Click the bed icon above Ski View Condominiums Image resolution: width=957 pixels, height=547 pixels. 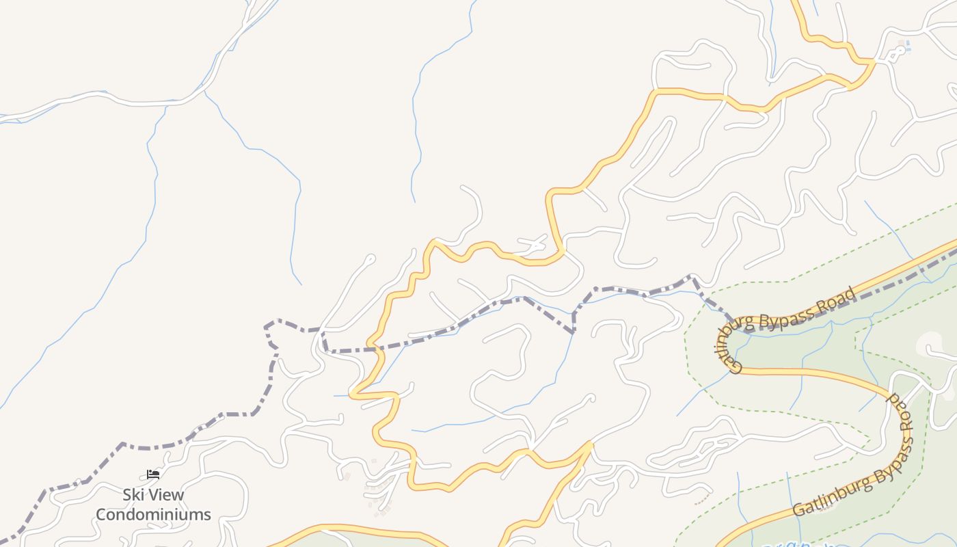pyautogui.click(x=153, y=474)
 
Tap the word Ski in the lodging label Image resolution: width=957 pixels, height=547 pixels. pyautogui.click(x=133, y=494)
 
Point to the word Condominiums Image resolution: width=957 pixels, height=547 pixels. pyautogui.click(x=153, y=514)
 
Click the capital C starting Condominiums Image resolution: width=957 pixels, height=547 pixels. pyautogui.click(x=101, y=514)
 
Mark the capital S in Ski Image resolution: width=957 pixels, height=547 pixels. pyautogui.click(x=127, y=494)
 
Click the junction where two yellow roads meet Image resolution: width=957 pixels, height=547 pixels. pyautogui.click(x=591, y=444)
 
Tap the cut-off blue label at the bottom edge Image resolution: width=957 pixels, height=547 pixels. pyautogui.click(x=800, y=544)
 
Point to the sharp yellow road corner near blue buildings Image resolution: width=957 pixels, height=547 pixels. pyautogui.click(x=873, y=62)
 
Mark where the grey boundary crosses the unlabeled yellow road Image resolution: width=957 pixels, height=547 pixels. pyautogui.click(x=373, y=349)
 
